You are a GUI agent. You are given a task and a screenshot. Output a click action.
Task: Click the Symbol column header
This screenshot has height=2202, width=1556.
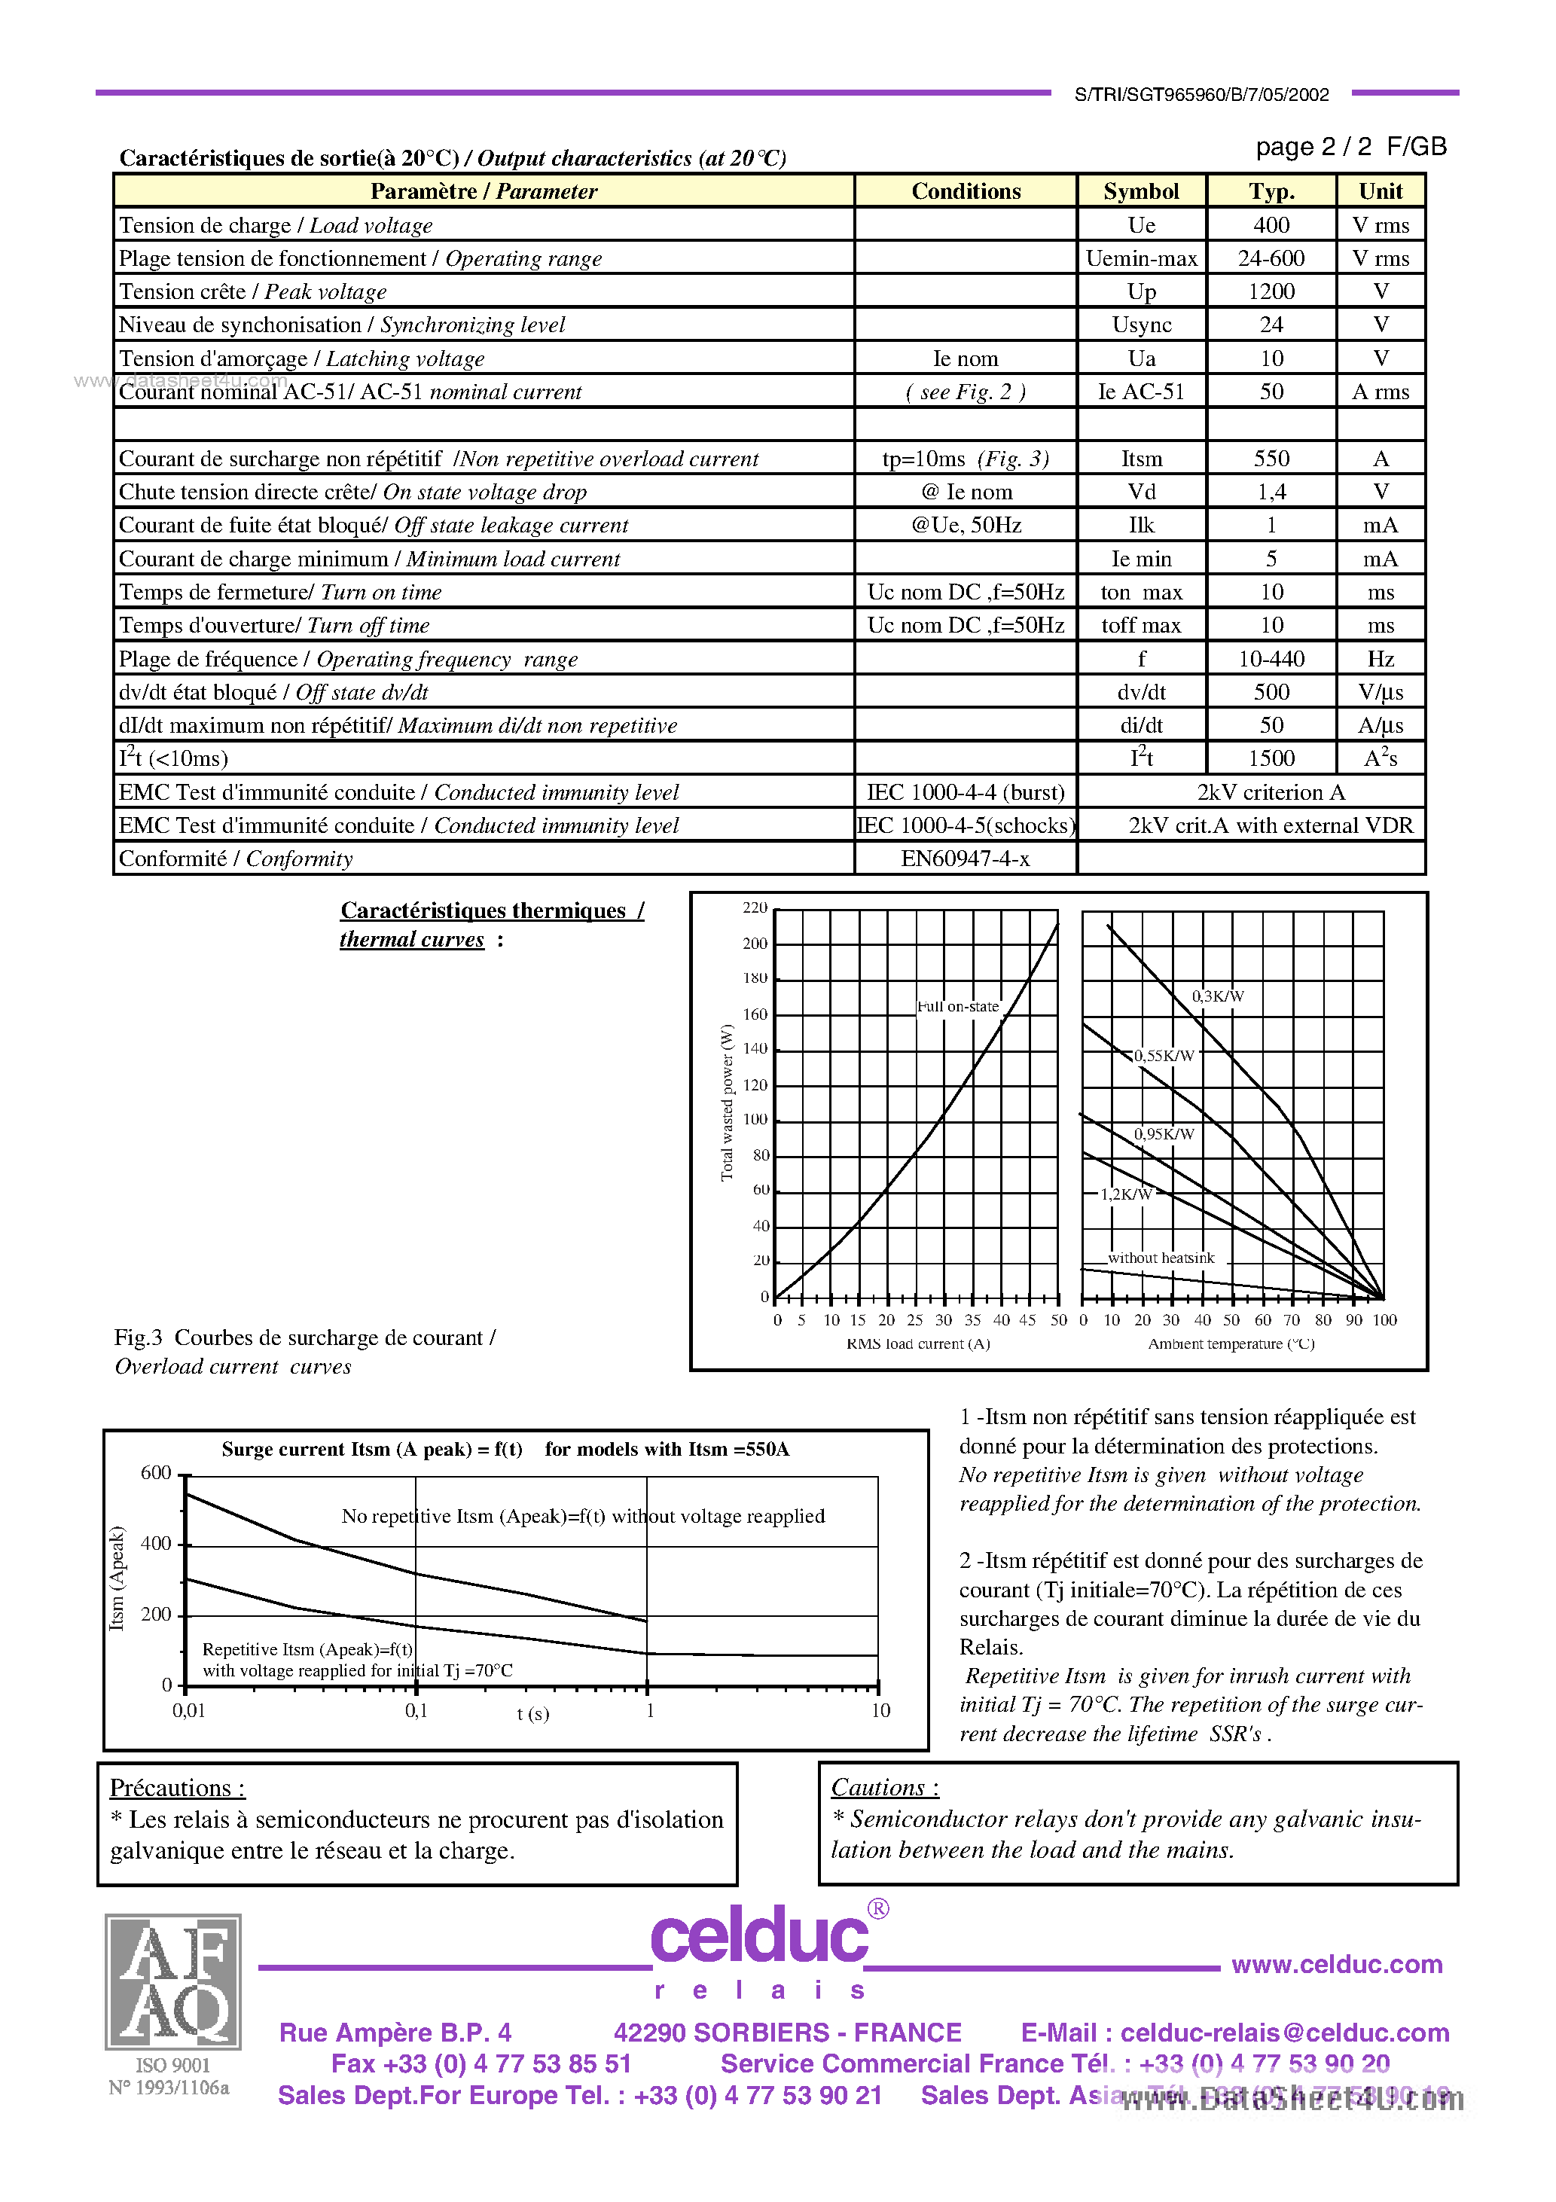point(1140,191)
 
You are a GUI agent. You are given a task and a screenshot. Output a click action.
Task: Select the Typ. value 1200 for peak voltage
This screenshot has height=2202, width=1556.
point(1271,291)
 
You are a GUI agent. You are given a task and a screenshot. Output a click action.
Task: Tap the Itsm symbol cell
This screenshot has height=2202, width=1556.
point(1140,459)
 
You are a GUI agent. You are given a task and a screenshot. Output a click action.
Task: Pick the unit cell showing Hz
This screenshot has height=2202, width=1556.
point(1380,659)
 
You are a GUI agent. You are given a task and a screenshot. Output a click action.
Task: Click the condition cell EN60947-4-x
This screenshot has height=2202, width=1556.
point(965,859)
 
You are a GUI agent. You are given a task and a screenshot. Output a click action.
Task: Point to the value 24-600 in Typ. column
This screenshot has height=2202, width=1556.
point(1271,258)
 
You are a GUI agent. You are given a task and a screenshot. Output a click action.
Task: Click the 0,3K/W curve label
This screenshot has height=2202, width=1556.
point(1217,996)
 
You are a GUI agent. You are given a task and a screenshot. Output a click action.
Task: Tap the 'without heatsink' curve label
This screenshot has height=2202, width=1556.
point(1161,1258)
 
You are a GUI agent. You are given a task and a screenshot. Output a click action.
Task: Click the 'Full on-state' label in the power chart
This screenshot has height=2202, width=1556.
point(957,1006)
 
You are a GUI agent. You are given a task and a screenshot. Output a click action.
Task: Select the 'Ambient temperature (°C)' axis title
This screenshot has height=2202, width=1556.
point(1231,1343)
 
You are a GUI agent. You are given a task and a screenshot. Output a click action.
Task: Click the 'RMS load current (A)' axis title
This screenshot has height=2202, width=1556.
point(918,1343)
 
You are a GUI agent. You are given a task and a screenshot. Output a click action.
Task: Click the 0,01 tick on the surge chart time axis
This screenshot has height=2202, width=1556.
point(189,1711)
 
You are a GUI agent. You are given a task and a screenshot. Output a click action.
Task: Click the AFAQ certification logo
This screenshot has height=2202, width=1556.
point(174,1981)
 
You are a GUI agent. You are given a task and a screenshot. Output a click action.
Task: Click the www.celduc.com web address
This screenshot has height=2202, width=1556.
point(1336,1964)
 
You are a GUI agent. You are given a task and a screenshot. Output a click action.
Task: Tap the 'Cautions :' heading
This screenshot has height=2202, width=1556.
point(884,1788)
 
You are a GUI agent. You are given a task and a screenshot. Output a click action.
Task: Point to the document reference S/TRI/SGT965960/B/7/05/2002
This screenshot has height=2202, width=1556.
point(1201,94)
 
